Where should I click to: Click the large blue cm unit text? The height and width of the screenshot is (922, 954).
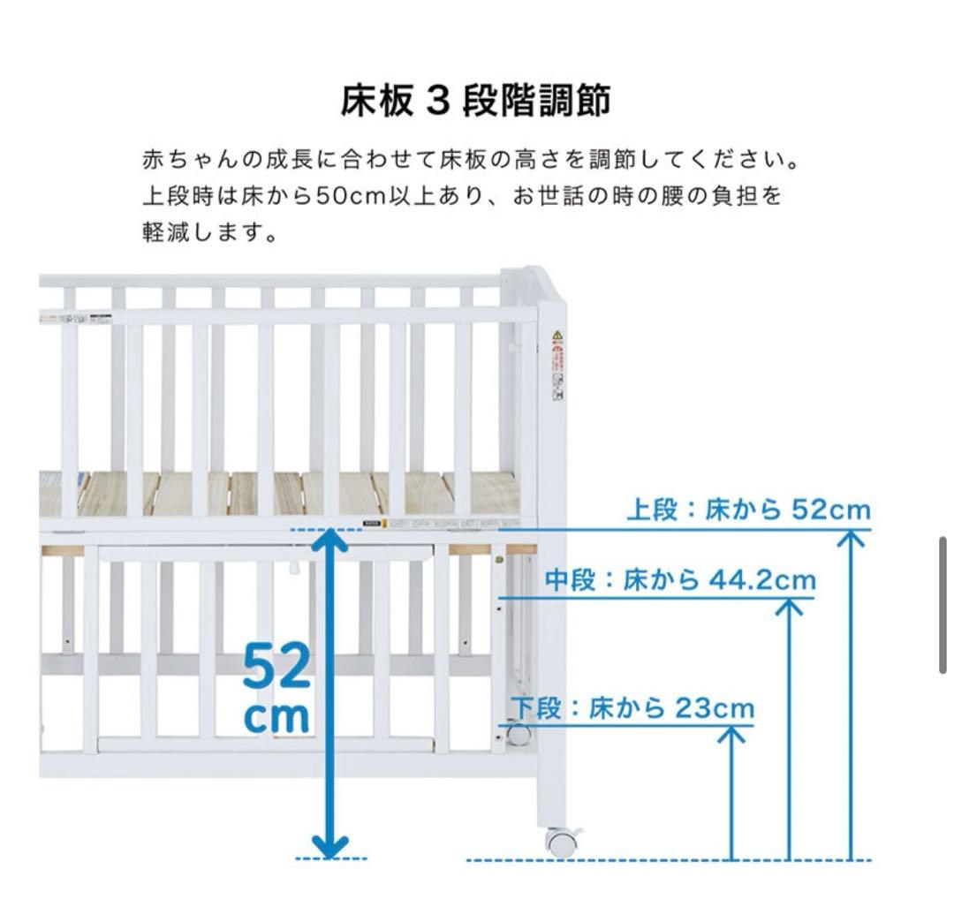276,717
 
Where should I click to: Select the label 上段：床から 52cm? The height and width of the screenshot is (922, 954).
747,510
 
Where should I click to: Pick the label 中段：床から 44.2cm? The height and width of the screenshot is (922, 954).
679,579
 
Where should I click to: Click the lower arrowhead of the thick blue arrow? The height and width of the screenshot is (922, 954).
329,845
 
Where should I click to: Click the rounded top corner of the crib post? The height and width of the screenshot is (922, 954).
544,279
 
